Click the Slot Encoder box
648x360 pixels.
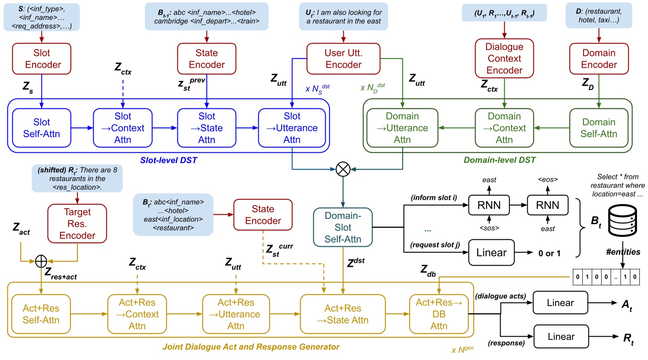point(41,59)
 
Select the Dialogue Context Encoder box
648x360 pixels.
point(504,58)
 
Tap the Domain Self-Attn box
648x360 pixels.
point(599,128)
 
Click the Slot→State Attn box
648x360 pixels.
point(207,128)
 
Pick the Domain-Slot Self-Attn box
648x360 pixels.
point(343,227)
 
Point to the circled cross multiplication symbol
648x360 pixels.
point(343,169)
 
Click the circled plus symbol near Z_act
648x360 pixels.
point(41,261)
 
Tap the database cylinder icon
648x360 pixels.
point(623,221)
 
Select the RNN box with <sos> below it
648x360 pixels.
point(489,205)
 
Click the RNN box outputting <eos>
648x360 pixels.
point(547,205)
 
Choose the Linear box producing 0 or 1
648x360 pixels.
point(492,252)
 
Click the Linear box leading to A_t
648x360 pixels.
point(560,303)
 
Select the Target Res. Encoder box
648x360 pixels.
point(77,224)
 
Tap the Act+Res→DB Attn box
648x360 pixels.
point(439,314)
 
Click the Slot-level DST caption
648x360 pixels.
point(169,160)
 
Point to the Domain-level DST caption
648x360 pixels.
point(500,160)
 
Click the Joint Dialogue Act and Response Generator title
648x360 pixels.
point(251,347)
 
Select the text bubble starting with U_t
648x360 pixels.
point(344,16)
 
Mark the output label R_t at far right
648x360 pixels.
point(628,339)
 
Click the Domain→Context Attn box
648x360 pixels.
point(504,128)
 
